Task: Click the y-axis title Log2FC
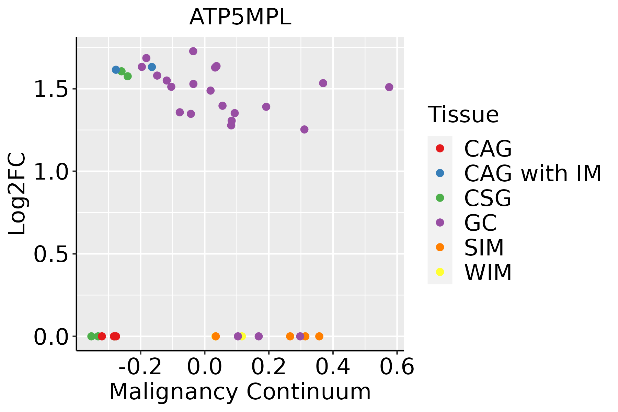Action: click(17, 194)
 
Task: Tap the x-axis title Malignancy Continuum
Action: click(240, 392)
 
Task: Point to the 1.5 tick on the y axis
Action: click(51, 89)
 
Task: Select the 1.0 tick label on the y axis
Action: click(51, 172)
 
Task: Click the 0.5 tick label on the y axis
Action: click(51, 254)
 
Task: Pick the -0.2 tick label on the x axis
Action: click(140, 367)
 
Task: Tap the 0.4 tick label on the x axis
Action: click(332, 367)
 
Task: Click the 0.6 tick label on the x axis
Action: click(397, 367)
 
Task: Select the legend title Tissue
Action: click(463, 115)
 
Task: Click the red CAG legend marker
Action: click(440, 148)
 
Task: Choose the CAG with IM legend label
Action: click(533, 173)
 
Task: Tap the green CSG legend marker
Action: click(440, 198)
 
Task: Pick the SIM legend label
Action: click(484, 248)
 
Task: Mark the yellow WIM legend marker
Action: click(440, 272)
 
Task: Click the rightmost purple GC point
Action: click(389, 87)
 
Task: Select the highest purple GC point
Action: click(193, 51)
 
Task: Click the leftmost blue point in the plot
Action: click(116, 70)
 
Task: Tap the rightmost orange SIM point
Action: click(319, 336)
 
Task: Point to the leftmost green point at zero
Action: click(91, 336)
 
